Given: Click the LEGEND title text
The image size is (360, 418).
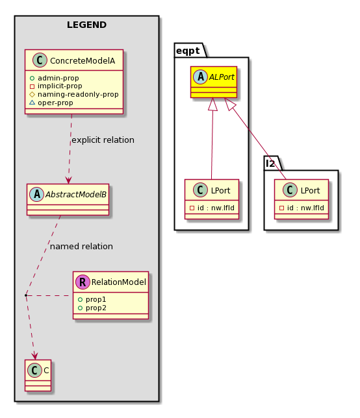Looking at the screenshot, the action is coord(86,25).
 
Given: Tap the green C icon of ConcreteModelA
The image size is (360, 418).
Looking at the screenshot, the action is coord(40,60).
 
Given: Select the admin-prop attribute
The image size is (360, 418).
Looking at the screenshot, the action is coord(58,78).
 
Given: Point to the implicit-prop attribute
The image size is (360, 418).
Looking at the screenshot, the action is coord(60,86).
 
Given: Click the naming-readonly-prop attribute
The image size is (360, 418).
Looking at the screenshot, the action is coord(78,94).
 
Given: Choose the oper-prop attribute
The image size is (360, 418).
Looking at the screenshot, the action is coord(55,103).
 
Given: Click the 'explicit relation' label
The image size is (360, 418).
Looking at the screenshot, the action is coord(103,140).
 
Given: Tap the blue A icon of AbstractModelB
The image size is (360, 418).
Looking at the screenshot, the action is coord(37,194).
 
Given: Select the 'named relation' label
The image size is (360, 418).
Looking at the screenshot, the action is coord(81,247).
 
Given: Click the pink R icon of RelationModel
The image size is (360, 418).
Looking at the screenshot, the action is coord(83,282).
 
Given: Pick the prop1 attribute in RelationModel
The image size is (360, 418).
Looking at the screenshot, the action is coord(96,300).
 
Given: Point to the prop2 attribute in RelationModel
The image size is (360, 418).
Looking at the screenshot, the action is coord(96,308).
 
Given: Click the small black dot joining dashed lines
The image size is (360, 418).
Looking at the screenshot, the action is coord(26,295).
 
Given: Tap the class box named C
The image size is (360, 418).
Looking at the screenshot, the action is coord(38,376).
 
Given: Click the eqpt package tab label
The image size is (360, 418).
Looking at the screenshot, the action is coord(188,51).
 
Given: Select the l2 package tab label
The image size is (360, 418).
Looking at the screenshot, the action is coord(270,164).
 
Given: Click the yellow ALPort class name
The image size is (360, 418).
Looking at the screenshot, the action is coord(222,77).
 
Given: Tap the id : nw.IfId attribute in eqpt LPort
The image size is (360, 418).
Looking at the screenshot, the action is coord(216,208).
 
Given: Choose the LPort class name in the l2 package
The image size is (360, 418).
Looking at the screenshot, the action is coord(310,191).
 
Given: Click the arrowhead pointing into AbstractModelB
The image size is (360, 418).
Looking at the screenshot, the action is coord(68,180).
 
